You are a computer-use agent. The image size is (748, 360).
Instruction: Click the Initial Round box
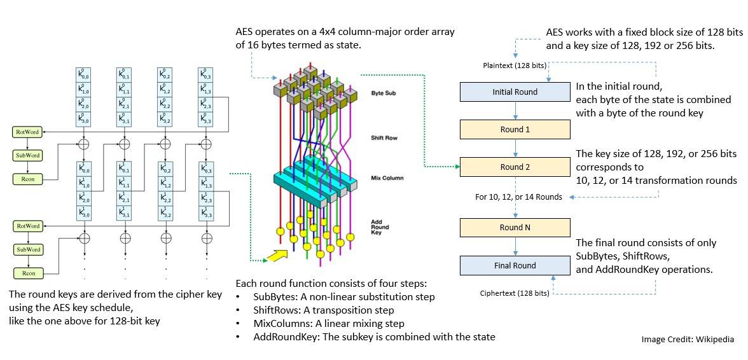(x=515, y=92)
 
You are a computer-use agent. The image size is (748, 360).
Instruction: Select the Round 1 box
(x=515, y=130)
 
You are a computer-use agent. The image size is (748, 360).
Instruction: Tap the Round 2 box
(x=515, y=167)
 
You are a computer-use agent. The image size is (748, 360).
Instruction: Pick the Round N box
(x=515, y=228)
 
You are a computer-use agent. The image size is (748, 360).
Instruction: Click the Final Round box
(x=515, y=266)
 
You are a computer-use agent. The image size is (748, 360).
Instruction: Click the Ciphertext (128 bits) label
(x=515, y=293)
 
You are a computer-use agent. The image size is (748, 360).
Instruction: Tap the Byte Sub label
(x=384, y=93)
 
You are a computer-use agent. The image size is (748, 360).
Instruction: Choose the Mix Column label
(x=387, y=178)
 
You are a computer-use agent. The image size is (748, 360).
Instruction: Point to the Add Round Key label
(x=380, y=227)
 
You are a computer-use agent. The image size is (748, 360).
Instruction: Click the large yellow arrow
(x=274, y=255)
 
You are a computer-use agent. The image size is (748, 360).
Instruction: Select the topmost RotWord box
(x=28, y=132)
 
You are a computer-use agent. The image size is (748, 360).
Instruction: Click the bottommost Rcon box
(x=28, y=273)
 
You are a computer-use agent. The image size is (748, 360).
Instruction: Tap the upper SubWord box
(x=28, y=156)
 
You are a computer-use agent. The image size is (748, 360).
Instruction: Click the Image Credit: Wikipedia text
(x=687, y=340)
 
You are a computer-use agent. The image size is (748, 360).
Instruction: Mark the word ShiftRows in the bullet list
(x=269, y=310)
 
